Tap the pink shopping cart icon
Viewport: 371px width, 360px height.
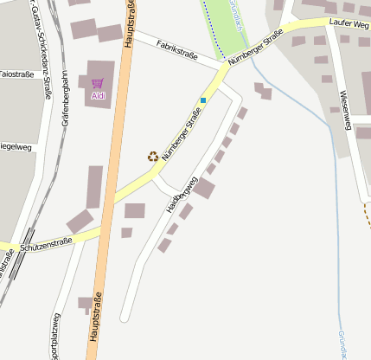click(97, 83)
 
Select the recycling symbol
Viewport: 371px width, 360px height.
click(153, 156)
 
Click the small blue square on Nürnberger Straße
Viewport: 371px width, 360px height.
click(203, 100)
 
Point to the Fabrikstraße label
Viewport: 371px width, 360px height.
click(177, 50)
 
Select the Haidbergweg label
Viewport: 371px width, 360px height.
click(182, 196)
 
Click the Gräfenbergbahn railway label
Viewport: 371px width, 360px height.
click(65, 100)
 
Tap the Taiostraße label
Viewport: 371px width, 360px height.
click(17, 74)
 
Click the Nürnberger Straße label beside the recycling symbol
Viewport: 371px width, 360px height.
click(176, 135)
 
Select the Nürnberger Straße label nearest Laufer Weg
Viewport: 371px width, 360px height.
click(256, 48)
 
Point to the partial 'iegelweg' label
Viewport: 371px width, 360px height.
click(16, 147)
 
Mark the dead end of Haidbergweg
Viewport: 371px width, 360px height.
click(124, 318)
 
